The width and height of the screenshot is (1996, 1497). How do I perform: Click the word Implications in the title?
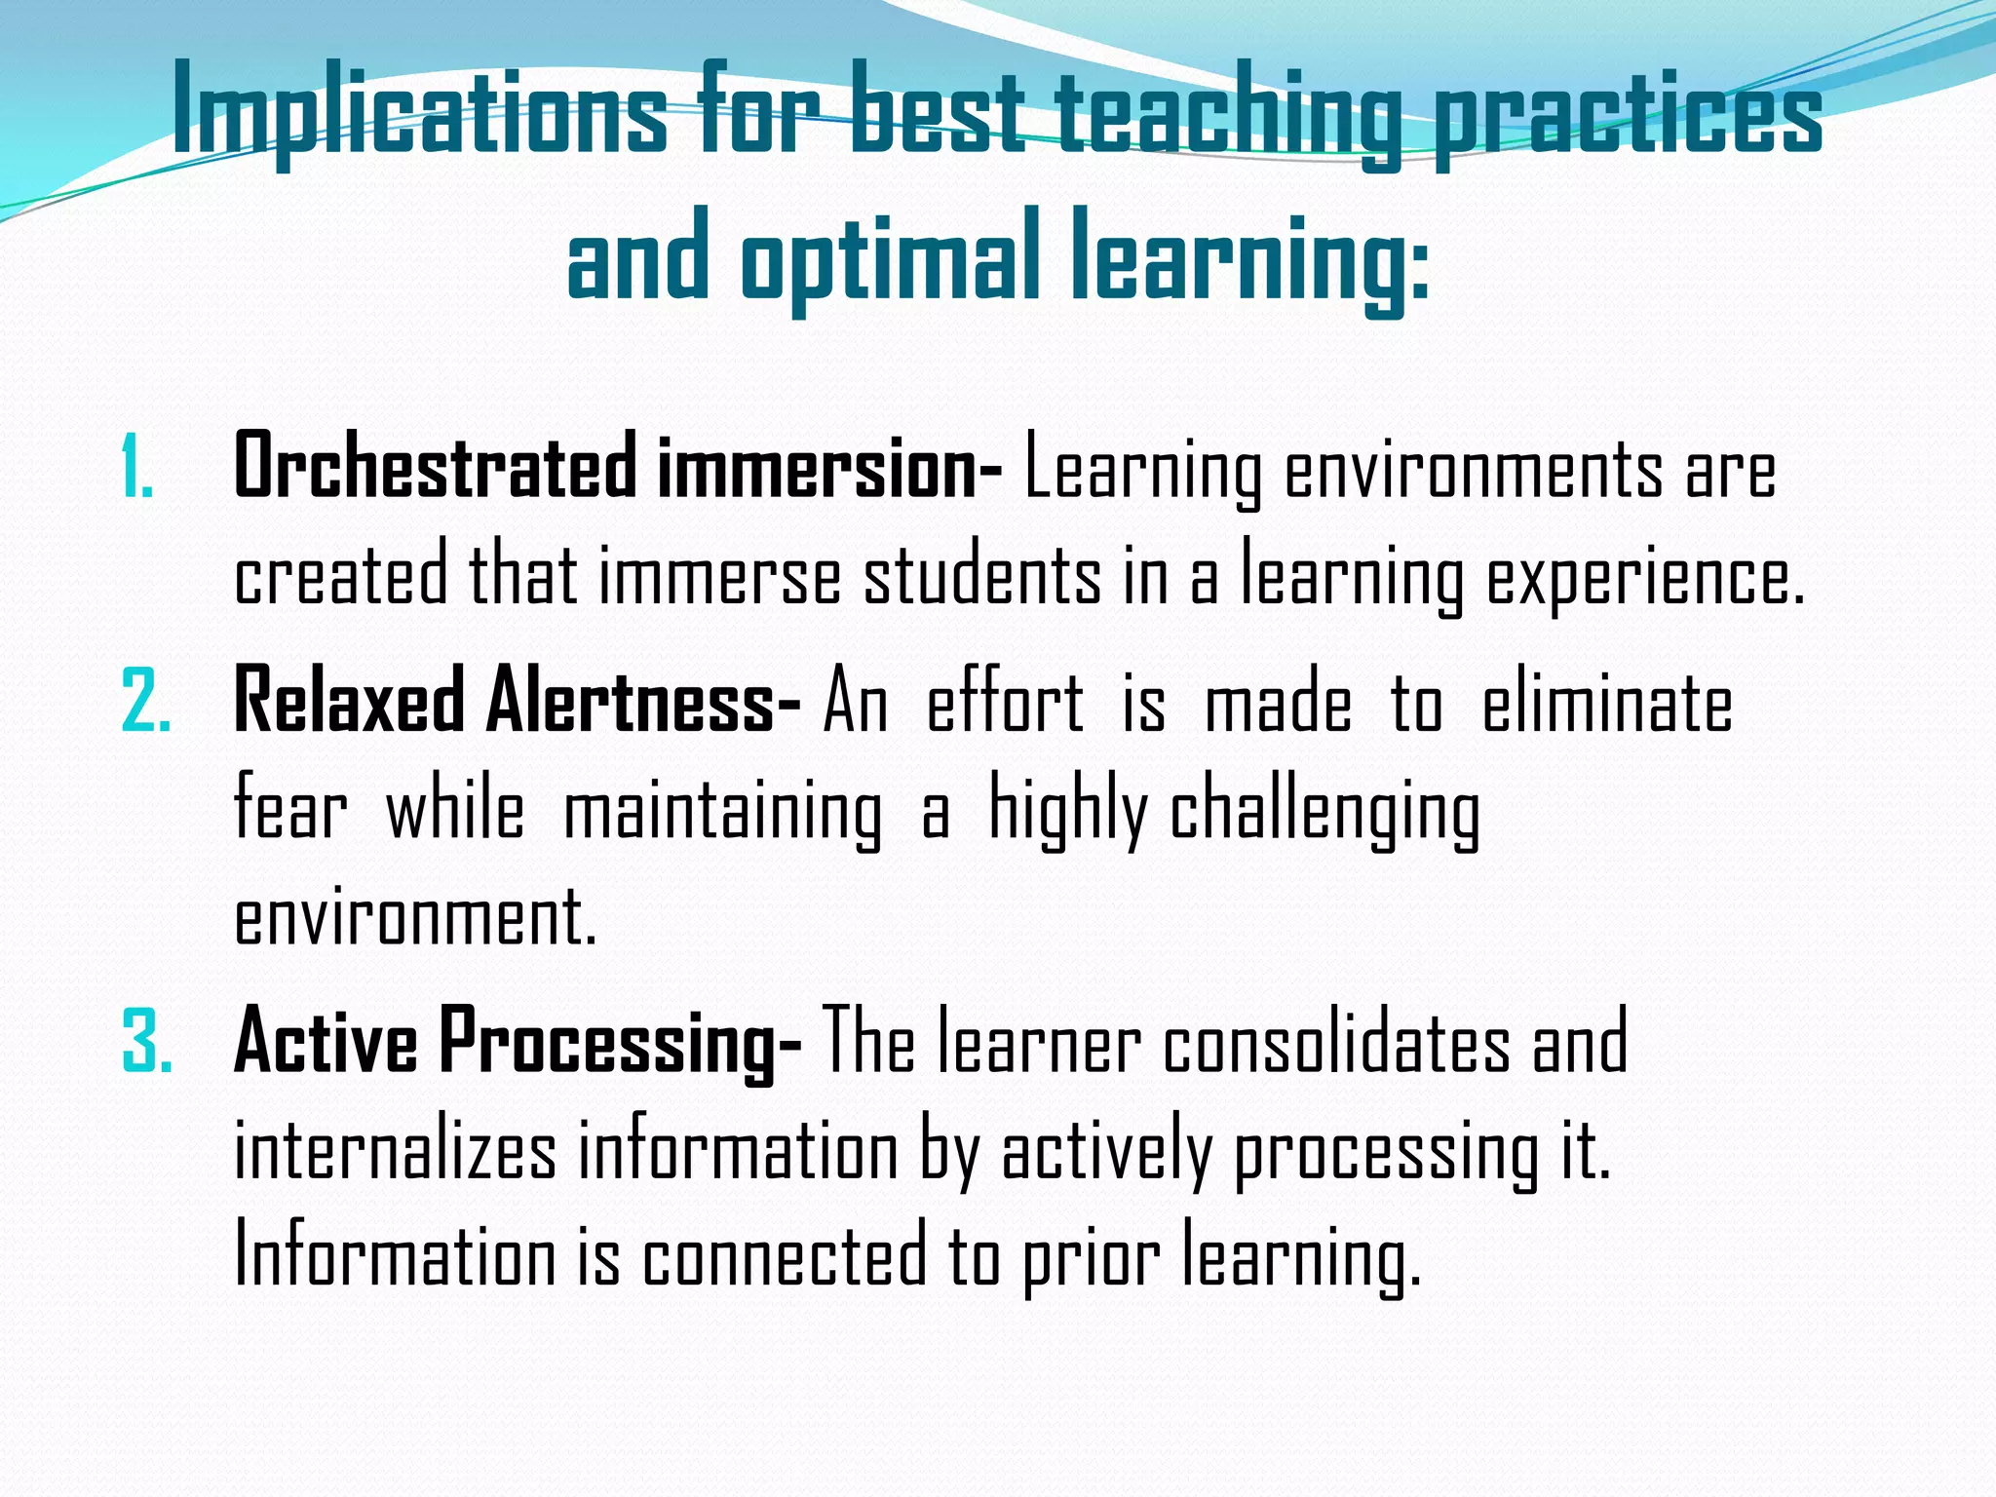point(419,115)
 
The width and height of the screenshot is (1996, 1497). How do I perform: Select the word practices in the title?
point(1627,115)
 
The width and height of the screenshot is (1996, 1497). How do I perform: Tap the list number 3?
point(147,1042)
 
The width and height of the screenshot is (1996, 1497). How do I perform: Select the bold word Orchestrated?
point(435,469)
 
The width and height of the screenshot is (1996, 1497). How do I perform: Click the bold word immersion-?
point(829,469)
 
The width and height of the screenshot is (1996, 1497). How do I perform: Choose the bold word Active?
point(326,1042)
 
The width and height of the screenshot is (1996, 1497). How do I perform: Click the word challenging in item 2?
point(1324,814)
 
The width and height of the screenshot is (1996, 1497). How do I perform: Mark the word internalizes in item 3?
point(396,1151)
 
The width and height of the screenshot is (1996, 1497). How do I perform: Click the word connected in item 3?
point(785,1257)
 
